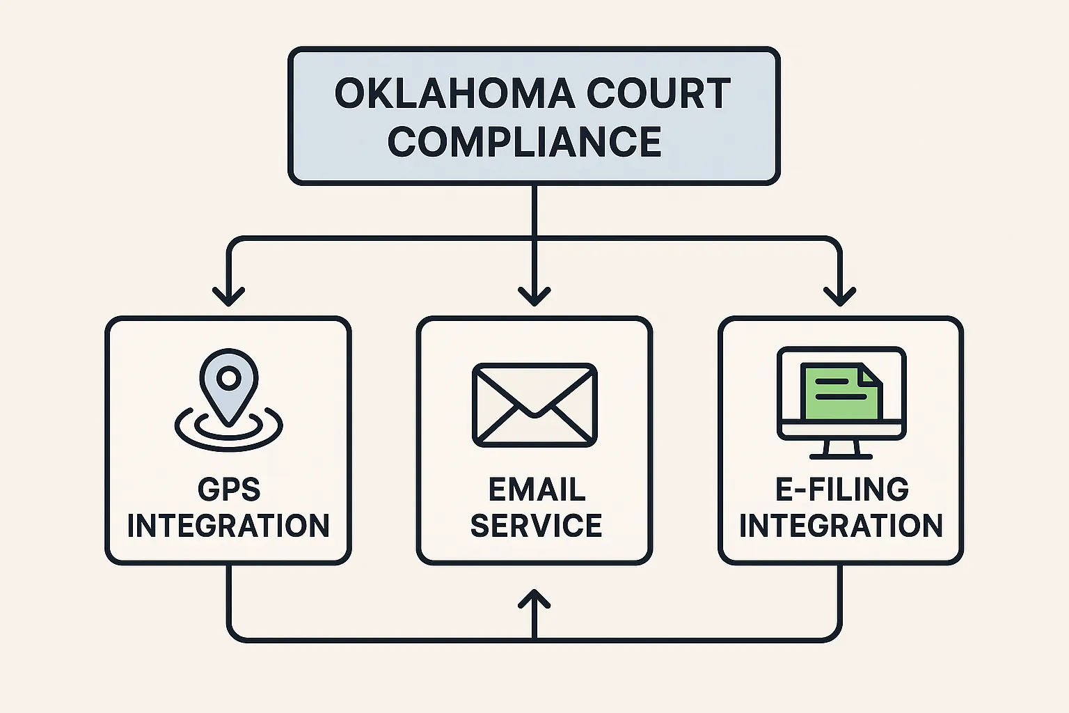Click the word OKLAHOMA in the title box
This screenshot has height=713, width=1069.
454,94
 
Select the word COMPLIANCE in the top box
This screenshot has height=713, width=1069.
524,141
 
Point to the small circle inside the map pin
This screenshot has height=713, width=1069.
228,378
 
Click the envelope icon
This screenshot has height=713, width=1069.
534,405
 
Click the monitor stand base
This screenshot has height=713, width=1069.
841,456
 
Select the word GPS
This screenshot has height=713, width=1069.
229,489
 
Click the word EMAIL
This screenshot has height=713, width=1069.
537,489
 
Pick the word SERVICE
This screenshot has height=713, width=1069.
536,526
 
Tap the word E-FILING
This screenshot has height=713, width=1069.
841,489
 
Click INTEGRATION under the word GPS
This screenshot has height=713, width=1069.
228,526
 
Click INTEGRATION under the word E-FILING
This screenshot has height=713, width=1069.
841,526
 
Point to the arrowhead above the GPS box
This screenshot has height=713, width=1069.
228,297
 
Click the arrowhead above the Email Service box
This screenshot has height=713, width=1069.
534,297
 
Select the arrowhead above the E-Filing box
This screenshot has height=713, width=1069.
840,297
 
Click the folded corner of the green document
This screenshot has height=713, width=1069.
870,375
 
